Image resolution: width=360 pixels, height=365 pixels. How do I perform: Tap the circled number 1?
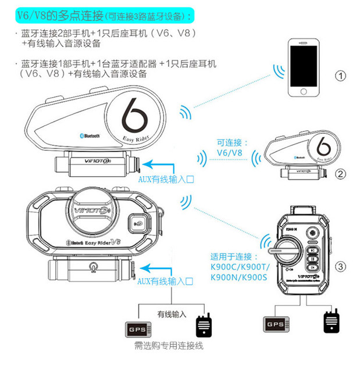coord(341,76)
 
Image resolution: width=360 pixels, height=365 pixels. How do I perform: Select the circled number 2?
coord(341,173)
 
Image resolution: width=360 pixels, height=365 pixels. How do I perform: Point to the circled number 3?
coord(341,267)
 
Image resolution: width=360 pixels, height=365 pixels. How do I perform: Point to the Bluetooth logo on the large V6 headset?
coord(90,134)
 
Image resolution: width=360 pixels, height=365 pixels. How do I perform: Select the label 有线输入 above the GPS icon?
coord(172,314)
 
